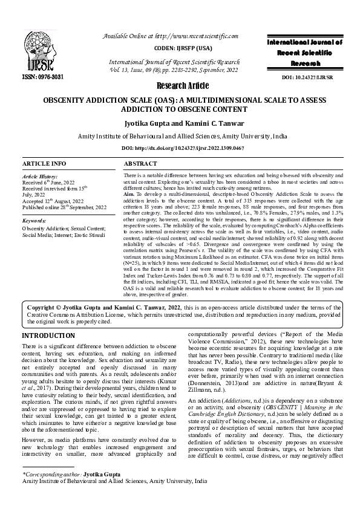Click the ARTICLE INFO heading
[x=44, y=164]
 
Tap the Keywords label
[x=34, y=222]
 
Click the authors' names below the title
[x=180, y=123]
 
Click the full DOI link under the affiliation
[x=180, y=149]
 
